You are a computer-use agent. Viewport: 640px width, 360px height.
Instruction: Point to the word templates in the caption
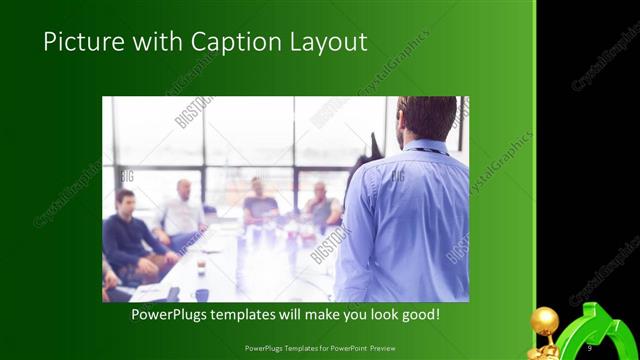tap(257, 314)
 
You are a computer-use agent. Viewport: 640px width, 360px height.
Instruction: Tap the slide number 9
tap(590, 347)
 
